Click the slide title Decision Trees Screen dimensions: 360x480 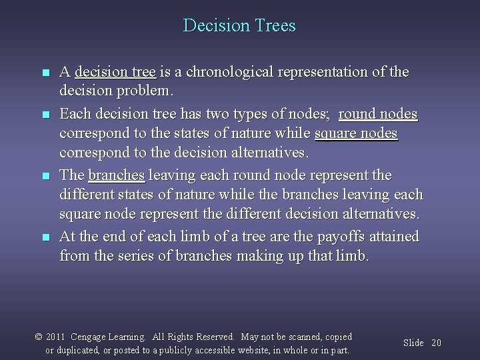[239, 26]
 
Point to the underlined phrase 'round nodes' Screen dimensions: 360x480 [378, 114]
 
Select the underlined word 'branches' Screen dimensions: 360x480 [117, 175]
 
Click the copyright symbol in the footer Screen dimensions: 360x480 [39, 337]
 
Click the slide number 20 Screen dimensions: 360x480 [437, 343]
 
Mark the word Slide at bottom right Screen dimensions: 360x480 [413, 343]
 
